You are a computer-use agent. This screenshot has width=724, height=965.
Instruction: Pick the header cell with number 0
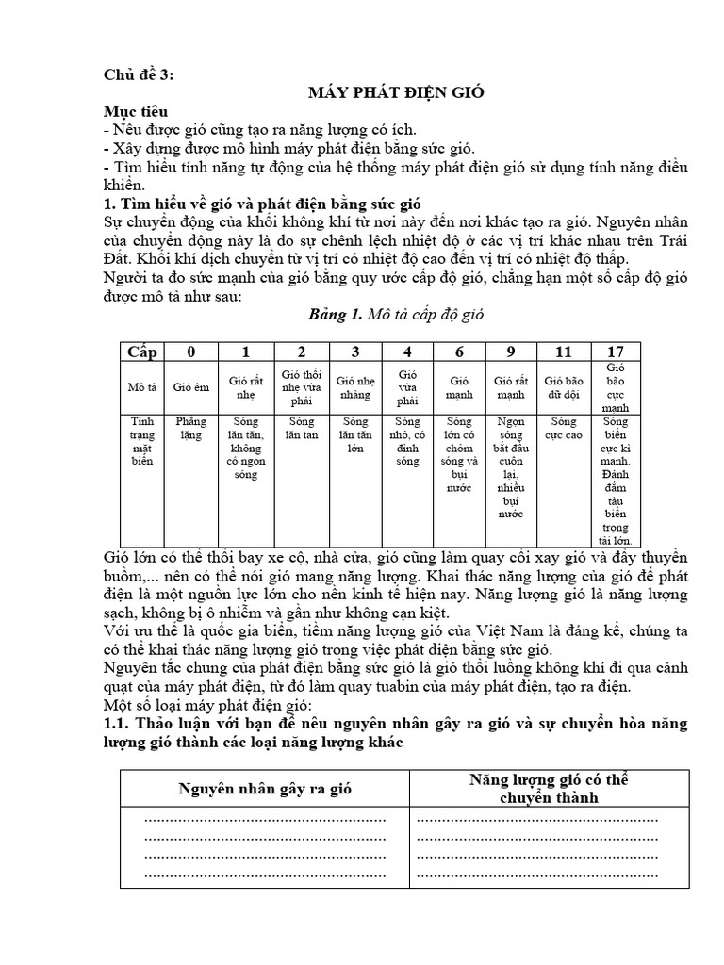[191, 352]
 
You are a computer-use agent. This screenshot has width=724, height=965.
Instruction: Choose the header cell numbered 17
[616, 352]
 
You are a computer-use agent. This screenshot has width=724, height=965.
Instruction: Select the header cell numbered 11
[563, 352]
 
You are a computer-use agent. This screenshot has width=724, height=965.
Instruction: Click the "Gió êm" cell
[191, 386]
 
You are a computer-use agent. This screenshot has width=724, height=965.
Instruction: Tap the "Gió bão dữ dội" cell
[563, 386]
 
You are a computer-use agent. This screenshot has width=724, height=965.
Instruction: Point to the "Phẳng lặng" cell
[191, 429]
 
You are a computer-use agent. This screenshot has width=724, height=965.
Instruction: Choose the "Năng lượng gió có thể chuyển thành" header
[550, 789]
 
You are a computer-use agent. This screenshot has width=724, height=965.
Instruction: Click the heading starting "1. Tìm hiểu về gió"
[266, 204]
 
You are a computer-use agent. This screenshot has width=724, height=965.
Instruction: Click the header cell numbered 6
[458, 352]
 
